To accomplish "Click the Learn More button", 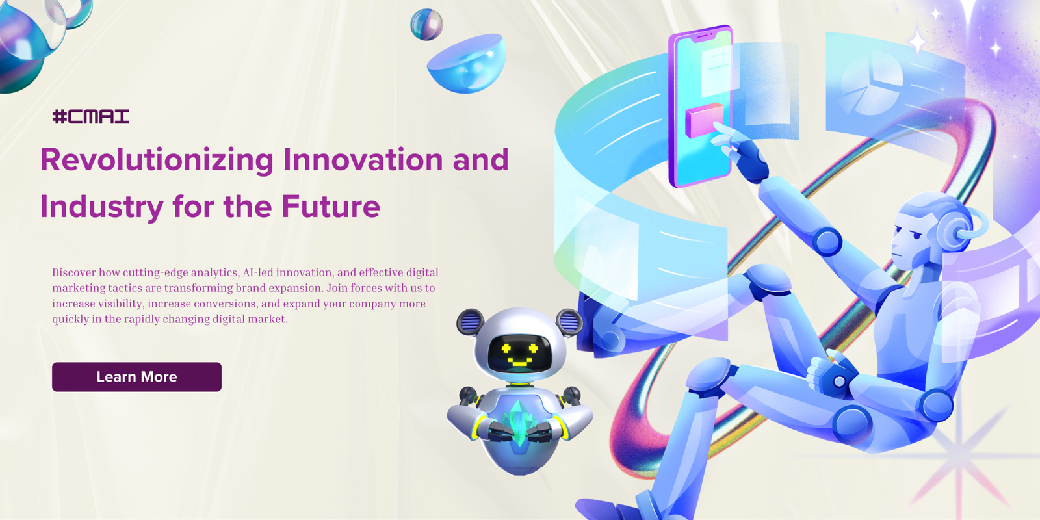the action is coord(136,376).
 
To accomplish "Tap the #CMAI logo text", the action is coord(91,116).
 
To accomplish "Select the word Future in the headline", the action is coord(331,206).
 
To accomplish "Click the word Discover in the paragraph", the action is coord(74,272).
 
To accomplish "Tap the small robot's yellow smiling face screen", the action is coord(519,353).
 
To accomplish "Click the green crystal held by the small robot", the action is coord(519,422).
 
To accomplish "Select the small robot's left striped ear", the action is coord(470,322).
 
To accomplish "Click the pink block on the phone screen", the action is coord(705,120).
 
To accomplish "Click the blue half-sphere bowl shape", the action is coord(466,64).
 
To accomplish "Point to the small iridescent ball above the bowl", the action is coord(426,25).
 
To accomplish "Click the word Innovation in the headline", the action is coord(363,160).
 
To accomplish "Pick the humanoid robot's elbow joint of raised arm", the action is coord(827,241).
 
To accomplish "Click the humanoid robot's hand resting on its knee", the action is coord(832,375).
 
